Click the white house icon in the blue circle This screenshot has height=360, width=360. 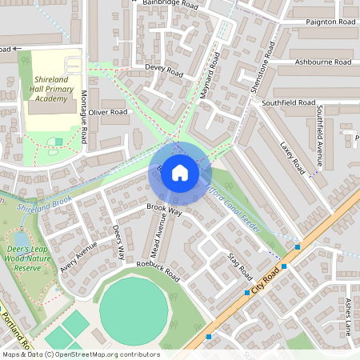coord(180,172)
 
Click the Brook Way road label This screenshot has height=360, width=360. coord(164,210)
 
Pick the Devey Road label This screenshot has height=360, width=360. coord(164,70)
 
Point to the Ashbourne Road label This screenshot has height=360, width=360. coord(322,62)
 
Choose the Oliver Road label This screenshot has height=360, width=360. coord(108,113)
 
